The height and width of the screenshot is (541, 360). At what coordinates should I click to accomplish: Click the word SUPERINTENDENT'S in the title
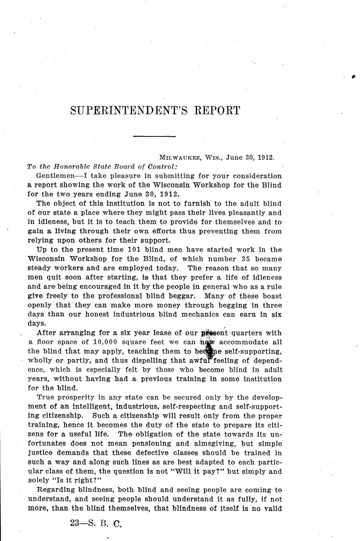pyautogui.click(x=129, y=111)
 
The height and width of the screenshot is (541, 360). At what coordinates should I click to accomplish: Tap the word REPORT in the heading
pyautogui.click(x=217, y=111)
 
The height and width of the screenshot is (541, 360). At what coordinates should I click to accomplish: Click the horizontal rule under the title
pyautogui.click(x=154, y=136)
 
